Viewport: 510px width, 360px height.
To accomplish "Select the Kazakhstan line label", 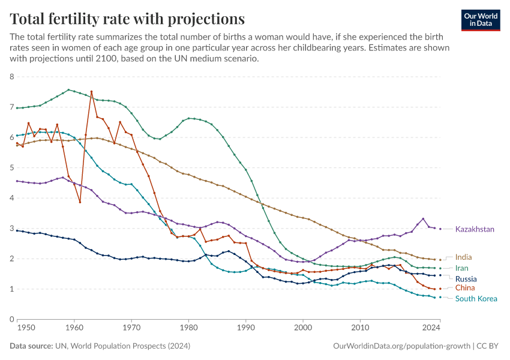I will [x=475, y=229].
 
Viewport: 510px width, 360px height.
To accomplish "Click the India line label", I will [x=463, y=257].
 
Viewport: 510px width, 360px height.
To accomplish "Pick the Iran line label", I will [x=462, y=268].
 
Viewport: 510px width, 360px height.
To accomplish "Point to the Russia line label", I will [x=466, y=279].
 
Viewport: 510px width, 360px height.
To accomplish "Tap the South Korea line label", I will [x=475, y=299].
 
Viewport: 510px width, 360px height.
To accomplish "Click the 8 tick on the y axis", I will [x=11, y=77].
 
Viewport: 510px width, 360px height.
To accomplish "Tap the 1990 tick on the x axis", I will [x=246, y=328].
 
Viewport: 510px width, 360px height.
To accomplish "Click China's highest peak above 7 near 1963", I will [x=91, y=92].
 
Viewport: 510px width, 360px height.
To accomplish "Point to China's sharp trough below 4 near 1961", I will [x=80, y=202].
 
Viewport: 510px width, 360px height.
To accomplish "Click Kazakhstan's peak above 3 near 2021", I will [x=423, y=218].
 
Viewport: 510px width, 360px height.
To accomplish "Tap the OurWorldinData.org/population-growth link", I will [x=401, y=346].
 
